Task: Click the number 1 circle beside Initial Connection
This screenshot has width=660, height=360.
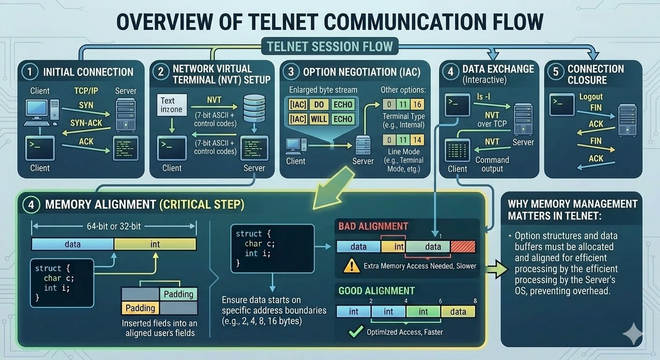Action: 30,72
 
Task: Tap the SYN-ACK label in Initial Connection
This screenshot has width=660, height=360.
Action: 86,123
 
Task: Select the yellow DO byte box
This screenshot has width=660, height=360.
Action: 319,104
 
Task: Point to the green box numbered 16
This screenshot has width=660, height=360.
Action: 417,104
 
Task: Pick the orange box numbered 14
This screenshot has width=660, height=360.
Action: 417,140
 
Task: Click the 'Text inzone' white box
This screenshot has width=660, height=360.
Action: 171,105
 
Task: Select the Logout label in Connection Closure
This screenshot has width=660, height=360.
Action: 591,97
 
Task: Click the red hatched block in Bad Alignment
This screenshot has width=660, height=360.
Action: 463,246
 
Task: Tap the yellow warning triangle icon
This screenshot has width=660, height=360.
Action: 349,265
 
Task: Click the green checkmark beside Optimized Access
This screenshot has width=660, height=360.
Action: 356,331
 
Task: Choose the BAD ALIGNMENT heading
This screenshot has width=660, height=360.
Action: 373,226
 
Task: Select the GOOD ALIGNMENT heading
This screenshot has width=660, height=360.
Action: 376,291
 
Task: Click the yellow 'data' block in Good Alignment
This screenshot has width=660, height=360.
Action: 458,312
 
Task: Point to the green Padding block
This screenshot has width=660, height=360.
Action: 178,294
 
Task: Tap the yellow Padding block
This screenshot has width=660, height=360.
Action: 140,308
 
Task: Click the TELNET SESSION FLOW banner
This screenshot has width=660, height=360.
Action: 327,47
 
